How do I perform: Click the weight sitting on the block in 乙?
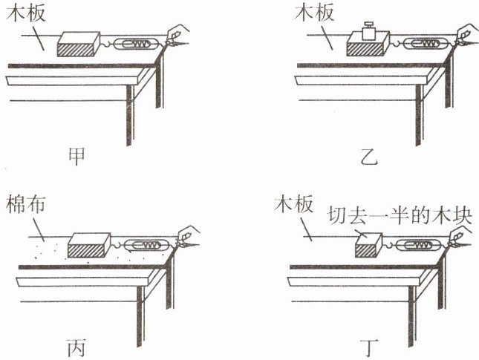(368, 30)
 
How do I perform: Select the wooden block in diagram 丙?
(90, 245)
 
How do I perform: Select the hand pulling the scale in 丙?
(187, 233)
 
